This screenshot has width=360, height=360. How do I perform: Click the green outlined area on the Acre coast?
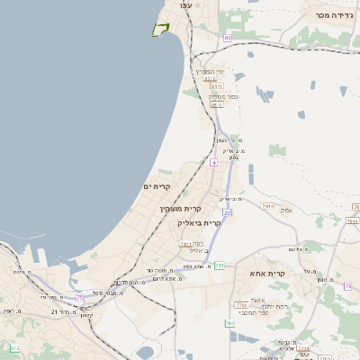[x=161, y=30]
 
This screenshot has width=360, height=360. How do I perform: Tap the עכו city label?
[x=186, y=6]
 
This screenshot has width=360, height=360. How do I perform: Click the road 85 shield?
[x=228, y=38]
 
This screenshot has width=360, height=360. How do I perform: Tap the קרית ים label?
[x=157, y=185]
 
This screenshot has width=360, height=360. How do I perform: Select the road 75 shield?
[x=80, y=297]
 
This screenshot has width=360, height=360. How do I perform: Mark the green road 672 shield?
[x=13, y=347]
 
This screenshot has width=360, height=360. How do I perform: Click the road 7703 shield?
[x=241, y=306]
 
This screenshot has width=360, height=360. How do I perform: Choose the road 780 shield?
[x=347, y=286]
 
